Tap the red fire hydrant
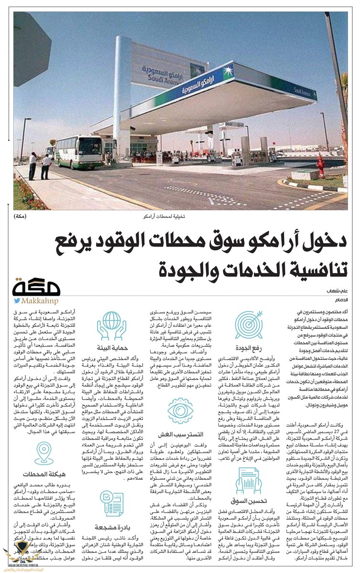pyautogui.click(x=320, y=166)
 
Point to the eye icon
pyautogui.click(x=180, y=411)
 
